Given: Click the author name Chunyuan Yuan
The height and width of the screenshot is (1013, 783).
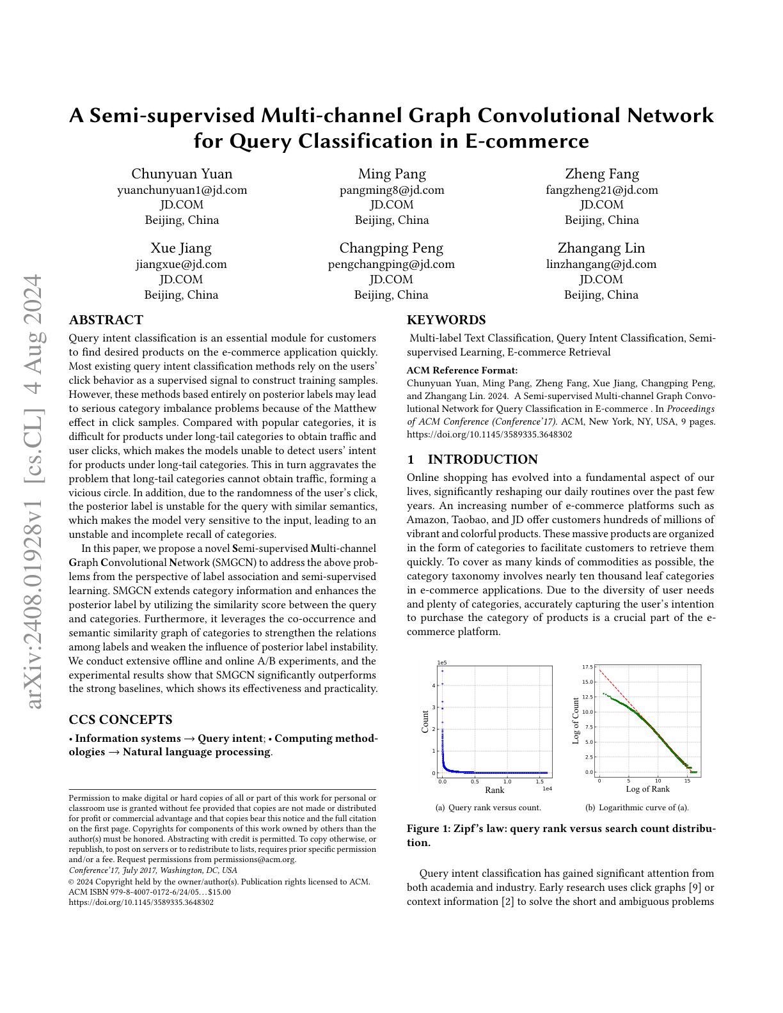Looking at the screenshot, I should coord(182,174).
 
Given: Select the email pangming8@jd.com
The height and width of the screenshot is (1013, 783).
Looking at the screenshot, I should coord(391,190).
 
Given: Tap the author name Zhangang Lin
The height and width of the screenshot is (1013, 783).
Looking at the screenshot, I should coord(601,248).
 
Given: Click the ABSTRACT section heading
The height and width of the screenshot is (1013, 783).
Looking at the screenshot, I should coord(106,320).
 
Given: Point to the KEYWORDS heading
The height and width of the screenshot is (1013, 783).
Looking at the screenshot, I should coord(446,320).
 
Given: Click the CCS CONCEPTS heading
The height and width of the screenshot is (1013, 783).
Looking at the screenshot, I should coord(120,719).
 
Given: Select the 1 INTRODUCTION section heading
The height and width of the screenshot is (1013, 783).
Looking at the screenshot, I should coord(472,459).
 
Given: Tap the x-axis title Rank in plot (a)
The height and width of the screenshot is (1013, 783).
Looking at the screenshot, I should coord(494,790).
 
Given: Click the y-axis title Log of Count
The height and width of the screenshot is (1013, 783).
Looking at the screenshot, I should coord(576,721).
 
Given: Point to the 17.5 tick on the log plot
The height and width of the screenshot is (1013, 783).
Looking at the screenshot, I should coord(587,667).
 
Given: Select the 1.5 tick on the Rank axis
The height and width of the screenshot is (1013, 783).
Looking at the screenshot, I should coord(540,781).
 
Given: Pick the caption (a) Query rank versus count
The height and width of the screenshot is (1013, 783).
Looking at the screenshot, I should coord(488,808).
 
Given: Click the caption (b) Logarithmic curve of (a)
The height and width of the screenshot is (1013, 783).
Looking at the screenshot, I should coord(637,808).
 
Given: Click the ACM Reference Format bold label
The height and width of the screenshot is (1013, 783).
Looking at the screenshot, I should coord(462,370).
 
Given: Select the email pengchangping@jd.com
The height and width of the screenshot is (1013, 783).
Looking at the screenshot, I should coord(391,264).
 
